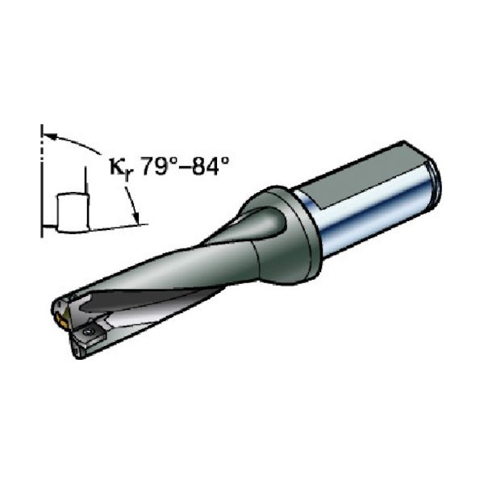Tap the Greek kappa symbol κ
point(118,167)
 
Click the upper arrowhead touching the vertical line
point(50,136)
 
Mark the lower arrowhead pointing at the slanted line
point(136,217)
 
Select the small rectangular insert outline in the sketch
point(73,213)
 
